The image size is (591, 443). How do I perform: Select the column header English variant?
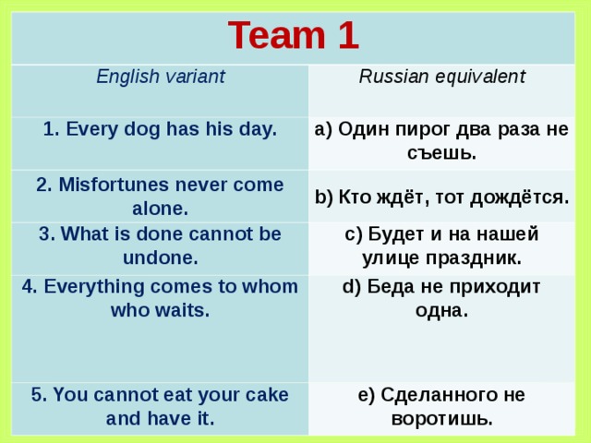(x=161, y=77)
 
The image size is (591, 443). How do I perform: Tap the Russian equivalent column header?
(x=441, y=77)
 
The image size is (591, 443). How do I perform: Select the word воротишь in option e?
(x=440, y=419)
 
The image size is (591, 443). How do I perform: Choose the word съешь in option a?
(x=440, y=153)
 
